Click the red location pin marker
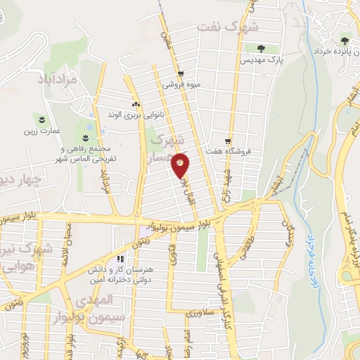pyautogui.click(x=181, y=165)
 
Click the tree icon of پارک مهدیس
pyautogui.click(x=261, y=49)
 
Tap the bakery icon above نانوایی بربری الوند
pyautogui.click(x=135, y=104)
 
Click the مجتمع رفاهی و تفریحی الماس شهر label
pyautogui.click(x=88, y=154)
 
